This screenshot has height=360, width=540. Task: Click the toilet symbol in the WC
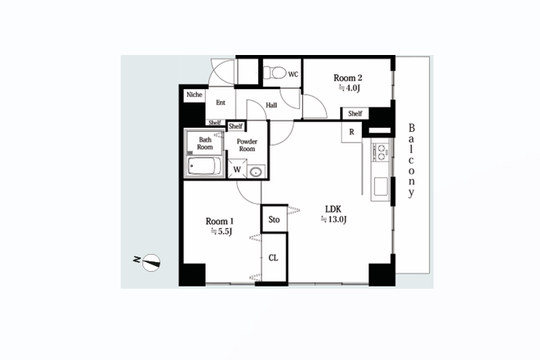pyautogui.click(x=274, y=73)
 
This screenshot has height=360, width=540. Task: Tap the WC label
pyautogui.click(x=293, y=74)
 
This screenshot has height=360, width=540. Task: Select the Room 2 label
pyautogui.click(x=347, y=78)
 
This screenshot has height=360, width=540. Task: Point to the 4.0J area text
pyautogui.click(x=349, y=88)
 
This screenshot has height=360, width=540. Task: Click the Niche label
pyautogui.click(x=194, y=95)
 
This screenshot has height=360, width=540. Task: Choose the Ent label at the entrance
pyautogui.click(x=220, y=103)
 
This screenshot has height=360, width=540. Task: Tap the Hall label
pyautogui.click(x=271, y=105)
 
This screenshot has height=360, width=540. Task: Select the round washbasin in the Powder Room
pyautogui.click(x=256, y=172)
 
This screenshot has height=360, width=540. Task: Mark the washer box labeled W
pyautogui.click(x=237, y=168)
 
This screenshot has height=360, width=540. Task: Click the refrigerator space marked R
pyautogui.click(x=351, y=132)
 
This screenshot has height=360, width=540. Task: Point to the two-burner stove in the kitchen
pyautogui.click(x=381, y=152)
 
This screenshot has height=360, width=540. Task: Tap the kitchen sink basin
pyautogui.click(x=381, y=186)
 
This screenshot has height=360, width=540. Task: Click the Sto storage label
pyautogui.click(x=274, y=219)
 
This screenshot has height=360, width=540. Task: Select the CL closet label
pyautogui.click(x=274, y=258)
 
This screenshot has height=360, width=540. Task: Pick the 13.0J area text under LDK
pyautogui.click(x=334, y=219)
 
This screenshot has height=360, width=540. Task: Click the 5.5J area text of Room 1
pyautogui.click(x=222, y=231)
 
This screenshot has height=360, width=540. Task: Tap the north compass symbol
pyautogui.click(x=151, y=263)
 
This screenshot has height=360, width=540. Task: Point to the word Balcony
pyautogui.click(x=411, y=161)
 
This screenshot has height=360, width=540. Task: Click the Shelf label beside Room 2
pyautogui.click(x=355, y=113)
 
